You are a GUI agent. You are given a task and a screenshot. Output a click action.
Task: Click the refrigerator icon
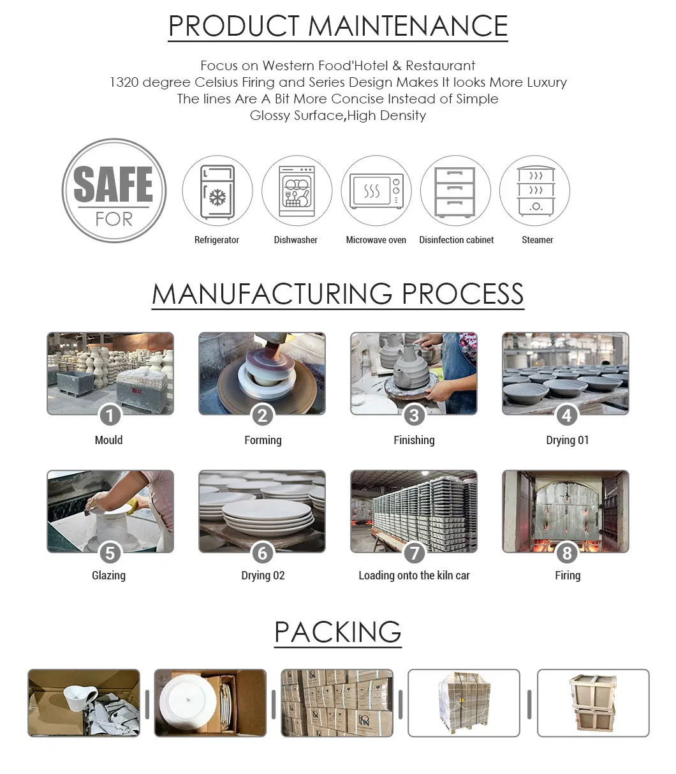coord(217,191)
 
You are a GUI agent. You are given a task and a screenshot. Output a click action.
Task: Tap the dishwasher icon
coord(297,191)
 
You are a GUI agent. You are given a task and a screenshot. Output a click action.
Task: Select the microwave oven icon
coord(376,191)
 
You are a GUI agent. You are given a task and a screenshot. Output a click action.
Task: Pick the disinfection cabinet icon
coord(455,191)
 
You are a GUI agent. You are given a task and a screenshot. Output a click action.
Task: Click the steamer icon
coord(534,191)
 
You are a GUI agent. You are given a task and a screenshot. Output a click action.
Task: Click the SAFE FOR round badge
coord(114,191)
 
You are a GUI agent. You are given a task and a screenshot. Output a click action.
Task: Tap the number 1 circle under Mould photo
coord(110,416)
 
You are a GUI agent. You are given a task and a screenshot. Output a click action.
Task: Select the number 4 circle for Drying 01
coord(566,416)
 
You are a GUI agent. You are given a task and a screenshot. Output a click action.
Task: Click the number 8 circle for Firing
coord(566,553)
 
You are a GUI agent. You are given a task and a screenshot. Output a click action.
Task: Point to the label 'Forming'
coord(263,440)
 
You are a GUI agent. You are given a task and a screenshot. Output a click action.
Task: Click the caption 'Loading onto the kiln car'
coord(414,576)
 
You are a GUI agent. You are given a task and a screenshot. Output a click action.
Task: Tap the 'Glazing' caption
coord(108,576)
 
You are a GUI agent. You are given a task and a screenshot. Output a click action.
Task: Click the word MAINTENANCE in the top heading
coord(408,26)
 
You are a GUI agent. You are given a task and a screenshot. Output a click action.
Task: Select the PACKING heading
coord(337,632)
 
